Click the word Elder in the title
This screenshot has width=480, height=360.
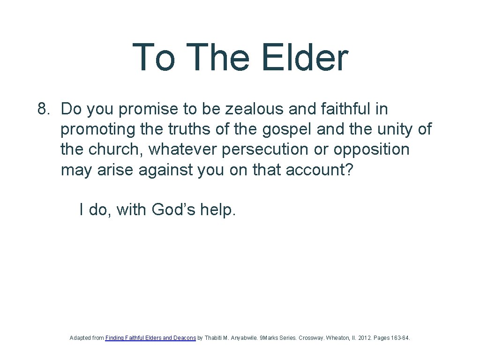point(305,58)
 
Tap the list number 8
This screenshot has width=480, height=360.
point(43,109)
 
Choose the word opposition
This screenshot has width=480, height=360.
point(371,150)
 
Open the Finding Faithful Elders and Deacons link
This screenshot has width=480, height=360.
point(150,337)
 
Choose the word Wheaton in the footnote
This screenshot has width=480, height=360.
point(338,337)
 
